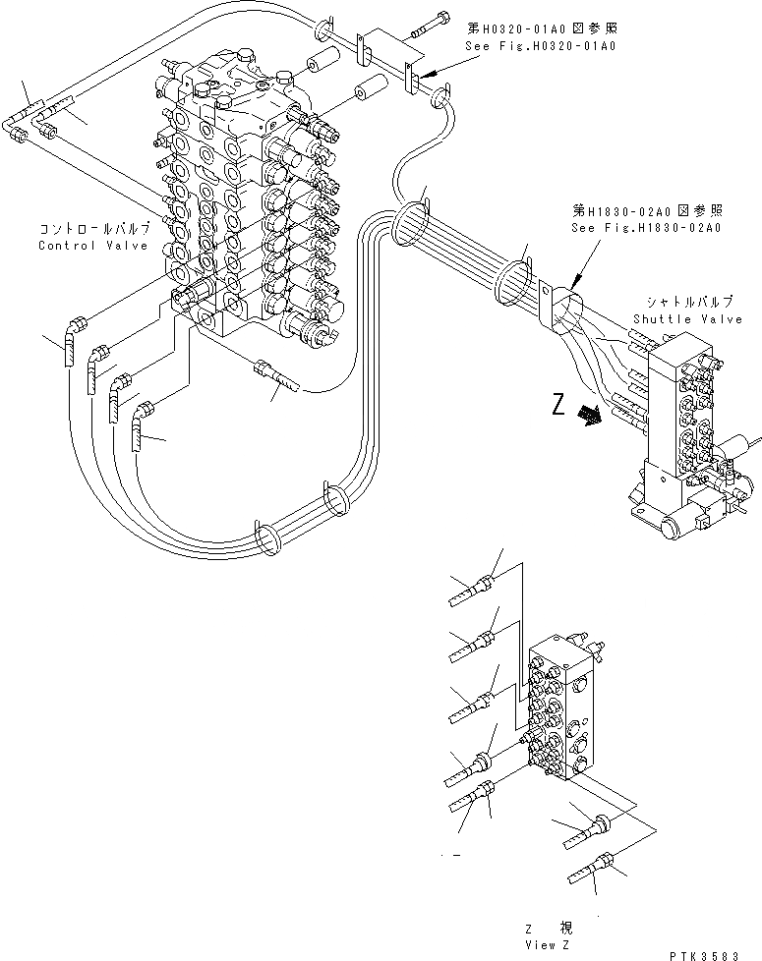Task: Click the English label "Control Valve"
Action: point(93,245)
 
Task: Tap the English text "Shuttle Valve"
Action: point(688,318)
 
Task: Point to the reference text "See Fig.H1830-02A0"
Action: point(646,228)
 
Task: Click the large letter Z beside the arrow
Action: point(558,406)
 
